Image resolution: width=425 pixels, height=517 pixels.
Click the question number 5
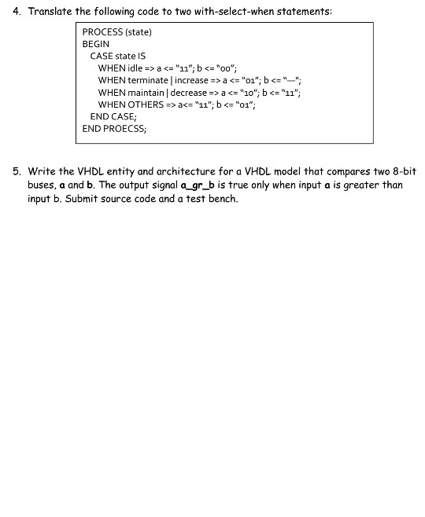click(16, 171)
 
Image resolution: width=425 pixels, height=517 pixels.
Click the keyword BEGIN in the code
click(96, 44)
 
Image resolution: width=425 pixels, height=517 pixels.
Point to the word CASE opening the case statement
click(102, 56)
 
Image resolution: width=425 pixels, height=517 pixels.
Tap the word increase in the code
click(191, 80)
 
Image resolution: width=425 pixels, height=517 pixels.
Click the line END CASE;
click(113, 116)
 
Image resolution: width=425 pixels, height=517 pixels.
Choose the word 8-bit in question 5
click(403, 171)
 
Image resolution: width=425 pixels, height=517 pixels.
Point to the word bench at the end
click(222, 199)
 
